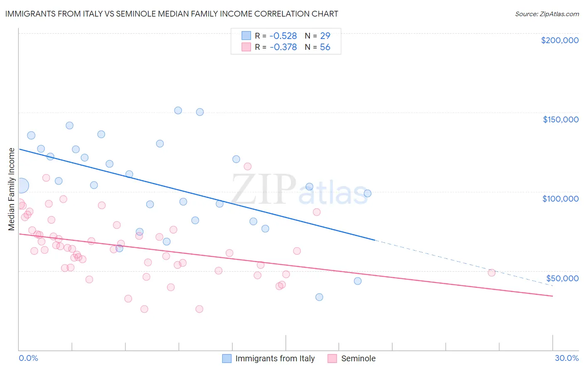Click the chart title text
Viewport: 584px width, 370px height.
tap(172, 14)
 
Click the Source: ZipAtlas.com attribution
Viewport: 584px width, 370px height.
tap(547, 14)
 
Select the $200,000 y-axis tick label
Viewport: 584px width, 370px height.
tap(559, 40)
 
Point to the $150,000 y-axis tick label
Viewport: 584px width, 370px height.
tap(560, 119)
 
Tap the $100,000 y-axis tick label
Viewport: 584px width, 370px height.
tap(560, 199)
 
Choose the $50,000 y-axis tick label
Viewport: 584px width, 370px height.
tap(562, 278)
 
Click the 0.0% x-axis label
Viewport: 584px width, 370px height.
tap(28, 358)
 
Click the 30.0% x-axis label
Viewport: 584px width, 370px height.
tap(567, 358)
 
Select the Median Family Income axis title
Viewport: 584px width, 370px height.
tap(11, 189)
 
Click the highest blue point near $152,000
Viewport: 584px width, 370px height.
tap(178, 110)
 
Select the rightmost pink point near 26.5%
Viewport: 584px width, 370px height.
tap(491, 273)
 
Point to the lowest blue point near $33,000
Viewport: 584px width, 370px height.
tap(319, 297)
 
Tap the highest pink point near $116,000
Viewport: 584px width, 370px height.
tap(248, 166)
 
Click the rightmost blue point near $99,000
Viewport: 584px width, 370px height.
tap(367, 193)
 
